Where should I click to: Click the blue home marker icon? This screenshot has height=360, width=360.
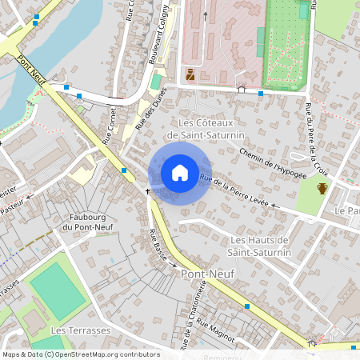point(180,172)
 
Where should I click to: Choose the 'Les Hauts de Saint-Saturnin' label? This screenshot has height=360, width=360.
point(260,246)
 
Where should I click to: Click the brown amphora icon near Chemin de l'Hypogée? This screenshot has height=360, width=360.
point(322,189)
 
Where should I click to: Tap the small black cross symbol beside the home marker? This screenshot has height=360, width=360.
point(148,192)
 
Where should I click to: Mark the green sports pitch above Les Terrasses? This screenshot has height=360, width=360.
point(58,290)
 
